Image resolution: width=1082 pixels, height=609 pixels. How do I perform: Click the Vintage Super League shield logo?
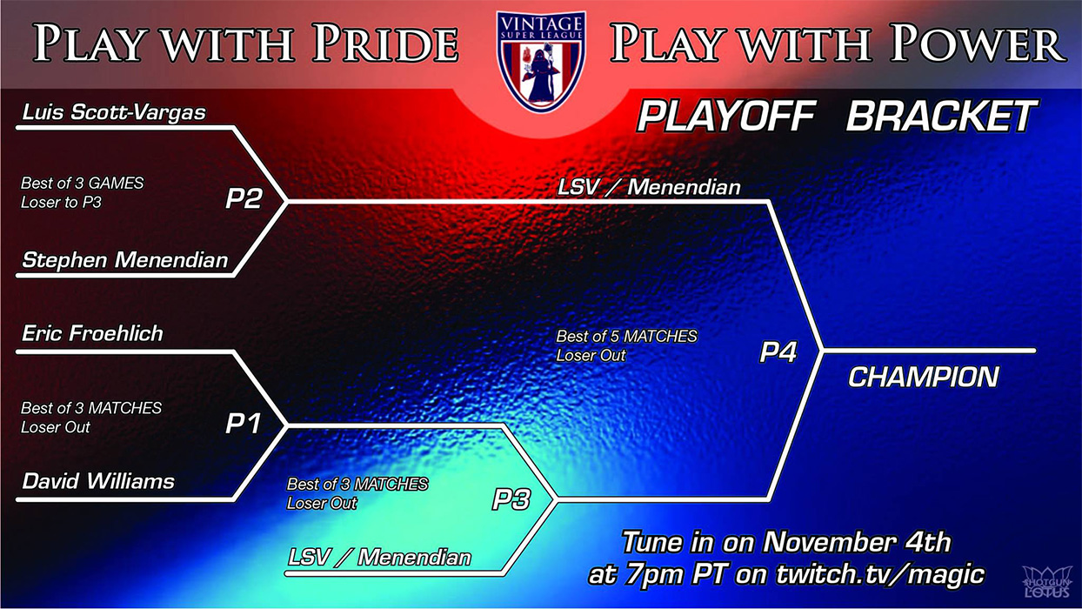541,62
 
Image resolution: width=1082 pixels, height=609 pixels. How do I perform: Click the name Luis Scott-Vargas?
114,112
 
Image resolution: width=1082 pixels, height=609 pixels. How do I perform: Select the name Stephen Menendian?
124,260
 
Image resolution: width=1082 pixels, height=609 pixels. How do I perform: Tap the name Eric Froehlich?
93,333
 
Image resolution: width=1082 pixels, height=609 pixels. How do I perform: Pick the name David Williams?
98,481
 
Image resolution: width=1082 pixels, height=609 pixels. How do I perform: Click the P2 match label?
244,198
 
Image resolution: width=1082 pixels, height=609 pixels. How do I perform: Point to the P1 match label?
243,424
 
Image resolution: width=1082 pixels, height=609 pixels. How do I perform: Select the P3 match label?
511,499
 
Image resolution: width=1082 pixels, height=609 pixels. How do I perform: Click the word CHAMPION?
923,377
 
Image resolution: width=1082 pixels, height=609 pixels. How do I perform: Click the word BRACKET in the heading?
941,117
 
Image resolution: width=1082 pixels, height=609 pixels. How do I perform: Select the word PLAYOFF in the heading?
726,117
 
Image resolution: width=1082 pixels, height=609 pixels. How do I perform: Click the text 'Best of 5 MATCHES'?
626,337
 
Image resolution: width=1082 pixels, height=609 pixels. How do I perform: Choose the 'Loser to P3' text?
62,202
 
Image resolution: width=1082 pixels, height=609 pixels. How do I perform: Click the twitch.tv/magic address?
880,574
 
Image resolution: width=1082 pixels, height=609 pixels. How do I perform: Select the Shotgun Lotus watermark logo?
1046,583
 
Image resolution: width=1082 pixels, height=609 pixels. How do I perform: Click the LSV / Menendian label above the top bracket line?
649,187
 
